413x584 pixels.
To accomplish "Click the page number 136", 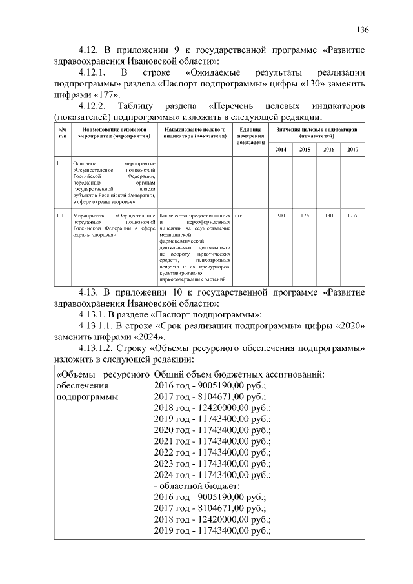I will [363, 30].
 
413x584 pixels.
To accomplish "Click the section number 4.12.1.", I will [96, 74].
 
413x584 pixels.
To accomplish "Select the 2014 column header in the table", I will [280, 150].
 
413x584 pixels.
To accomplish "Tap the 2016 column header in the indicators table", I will [328, 150].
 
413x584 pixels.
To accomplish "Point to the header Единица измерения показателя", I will [250, 136].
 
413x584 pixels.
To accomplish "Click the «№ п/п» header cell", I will [61, 133].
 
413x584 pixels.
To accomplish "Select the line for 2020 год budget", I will [213, 429].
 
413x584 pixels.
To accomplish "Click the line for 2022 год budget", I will [213, 452].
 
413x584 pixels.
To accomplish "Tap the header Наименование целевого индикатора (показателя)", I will [194, 133].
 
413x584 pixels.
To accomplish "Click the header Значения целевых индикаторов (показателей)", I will [316, 133].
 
